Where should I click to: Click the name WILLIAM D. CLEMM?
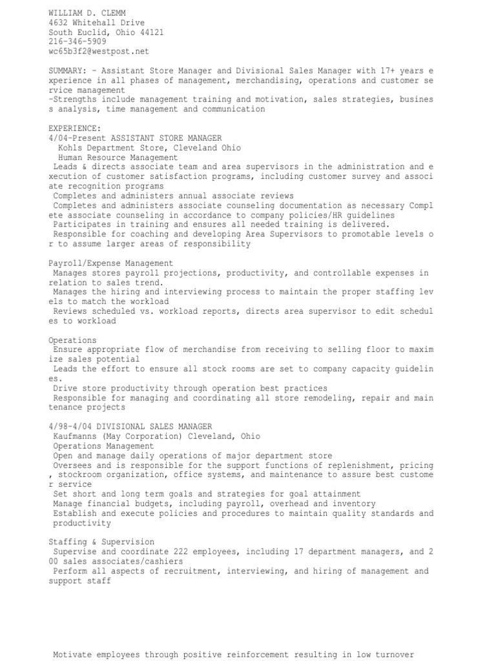(x=87, y=13)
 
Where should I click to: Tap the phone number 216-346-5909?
(x=77, y=42)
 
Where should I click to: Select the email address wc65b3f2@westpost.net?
(x=99, y=52)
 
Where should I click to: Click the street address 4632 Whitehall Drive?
(x=97, y=23)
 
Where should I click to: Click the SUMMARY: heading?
(x=68, y=70)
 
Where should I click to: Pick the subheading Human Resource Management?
(x=118, y=158)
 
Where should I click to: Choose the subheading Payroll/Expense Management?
(x=111, y=263)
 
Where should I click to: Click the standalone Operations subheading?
(x=72, y=340)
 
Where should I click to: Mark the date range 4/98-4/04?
(x=70, y=427)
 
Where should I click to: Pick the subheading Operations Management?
(x=103, y=446)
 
